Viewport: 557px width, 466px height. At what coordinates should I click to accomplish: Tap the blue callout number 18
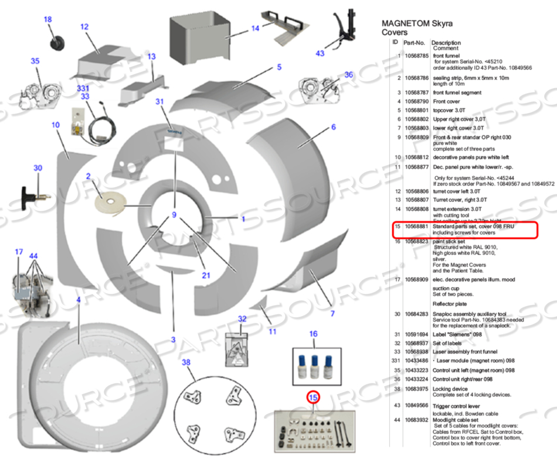tap(48, 20)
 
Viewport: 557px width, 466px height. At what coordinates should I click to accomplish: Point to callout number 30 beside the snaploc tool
tap(38, 168)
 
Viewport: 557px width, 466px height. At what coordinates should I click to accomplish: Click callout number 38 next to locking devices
tap(186, 362)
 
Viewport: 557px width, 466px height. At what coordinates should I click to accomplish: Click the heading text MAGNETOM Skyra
tap(417, 24)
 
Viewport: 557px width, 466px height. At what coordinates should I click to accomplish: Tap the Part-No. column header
tap(414, 43)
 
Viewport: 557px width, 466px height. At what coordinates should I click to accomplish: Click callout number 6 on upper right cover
tap(334, 128)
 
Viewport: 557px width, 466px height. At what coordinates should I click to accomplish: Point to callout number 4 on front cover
tap(78, 300)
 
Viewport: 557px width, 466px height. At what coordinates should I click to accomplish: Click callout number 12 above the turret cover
tap(84, 27)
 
